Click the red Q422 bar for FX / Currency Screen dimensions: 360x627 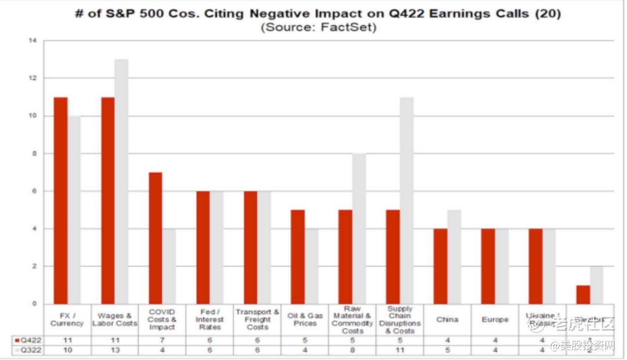point(61,200)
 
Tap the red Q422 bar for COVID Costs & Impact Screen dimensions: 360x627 point(155,238)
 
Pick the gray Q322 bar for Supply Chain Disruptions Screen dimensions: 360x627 point(406,200)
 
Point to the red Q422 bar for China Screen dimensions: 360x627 point(440,266)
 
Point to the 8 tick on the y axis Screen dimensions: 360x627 point(33,154)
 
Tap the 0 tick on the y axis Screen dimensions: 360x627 point(33,304)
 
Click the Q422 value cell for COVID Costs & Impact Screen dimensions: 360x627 point(162,340)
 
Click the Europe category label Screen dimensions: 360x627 point(495,320)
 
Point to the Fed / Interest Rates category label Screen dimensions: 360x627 point(210,320)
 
